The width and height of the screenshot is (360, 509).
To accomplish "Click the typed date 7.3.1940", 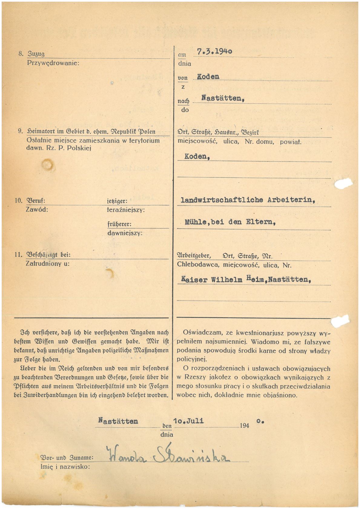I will click(214, 51).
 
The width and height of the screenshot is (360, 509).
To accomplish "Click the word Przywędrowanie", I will click(53, 63).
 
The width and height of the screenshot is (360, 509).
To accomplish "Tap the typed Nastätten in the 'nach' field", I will click(223, 98).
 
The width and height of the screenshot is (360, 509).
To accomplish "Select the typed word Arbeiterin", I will click(291, 200).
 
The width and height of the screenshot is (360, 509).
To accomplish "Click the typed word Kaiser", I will click(194, 279).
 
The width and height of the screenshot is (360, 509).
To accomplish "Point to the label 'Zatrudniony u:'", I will click(48, 264).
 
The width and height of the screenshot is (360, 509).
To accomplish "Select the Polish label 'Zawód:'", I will click(37, 210).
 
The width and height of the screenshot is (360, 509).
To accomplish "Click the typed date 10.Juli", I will click(188, 421).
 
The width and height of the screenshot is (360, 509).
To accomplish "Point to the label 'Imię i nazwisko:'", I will click(65, 467).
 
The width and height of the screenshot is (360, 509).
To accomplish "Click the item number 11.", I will click(18, 255).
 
